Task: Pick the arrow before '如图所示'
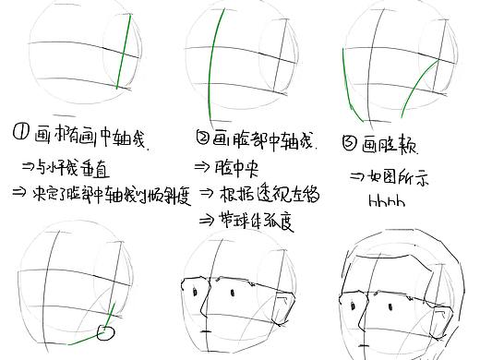tap(358, 176)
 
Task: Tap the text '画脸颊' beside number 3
tap(388, 145)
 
